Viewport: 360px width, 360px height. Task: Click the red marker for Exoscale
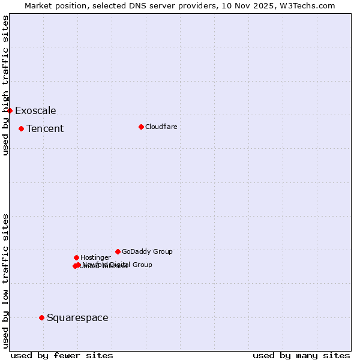coord(10,110)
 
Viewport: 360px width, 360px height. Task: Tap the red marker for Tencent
coord(21,128)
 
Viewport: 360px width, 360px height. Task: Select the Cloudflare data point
coord(141,127)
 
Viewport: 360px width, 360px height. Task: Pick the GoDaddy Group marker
coord(118,251)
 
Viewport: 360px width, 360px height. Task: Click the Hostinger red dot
coord(76,257)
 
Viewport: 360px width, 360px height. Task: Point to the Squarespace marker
coord(41,317)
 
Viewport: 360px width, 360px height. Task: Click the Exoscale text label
coord(35,110)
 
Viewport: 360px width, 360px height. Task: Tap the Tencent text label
coord(45,128)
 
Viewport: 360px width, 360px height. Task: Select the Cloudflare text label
coord(161,127)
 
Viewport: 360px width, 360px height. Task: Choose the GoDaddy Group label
coord(147,251)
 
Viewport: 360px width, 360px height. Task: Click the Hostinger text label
coord(95,257)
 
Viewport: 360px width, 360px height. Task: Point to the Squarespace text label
coord(77,317)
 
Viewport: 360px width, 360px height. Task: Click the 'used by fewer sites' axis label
coord(62,355)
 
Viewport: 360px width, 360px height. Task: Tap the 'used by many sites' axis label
coord(301,355)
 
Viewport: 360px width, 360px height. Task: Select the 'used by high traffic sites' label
coord(6,85)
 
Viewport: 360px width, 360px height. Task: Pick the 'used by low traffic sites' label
coord(6,281)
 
